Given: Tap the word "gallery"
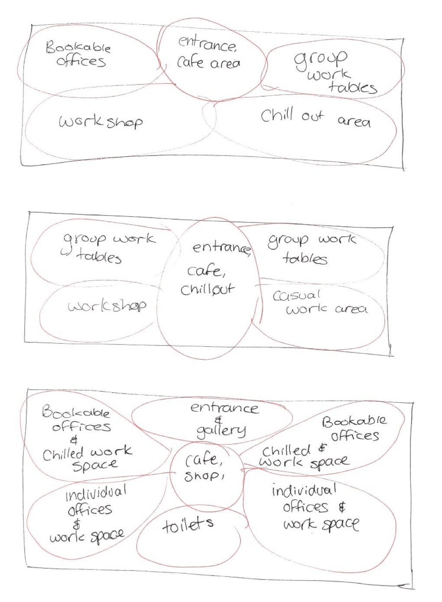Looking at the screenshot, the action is click(x=221, y=431).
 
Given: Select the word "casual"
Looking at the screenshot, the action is click(x=296, y=295).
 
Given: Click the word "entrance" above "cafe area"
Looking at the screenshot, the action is click(x=208, y=44).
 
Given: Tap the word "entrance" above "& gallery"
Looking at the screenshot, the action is click(x=224, y=408).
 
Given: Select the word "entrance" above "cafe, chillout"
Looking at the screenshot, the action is click(x=222, y=248).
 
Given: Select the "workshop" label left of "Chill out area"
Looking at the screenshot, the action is click(x=101, y=122).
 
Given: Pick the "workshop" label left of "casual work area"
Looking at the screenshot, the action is click(x=107, y=305).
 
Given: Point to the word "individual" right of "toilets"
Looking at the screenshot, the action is click(x=304, y=490).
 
